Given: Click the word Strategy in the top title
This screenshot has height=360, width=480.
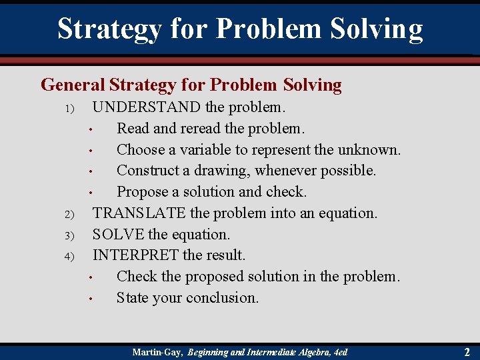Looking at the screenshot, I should pyautogui.click(x=109, y=29).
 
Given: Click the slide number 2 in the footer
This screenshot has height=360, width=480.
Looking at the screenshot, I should pyautogui.click(x=466, y=351).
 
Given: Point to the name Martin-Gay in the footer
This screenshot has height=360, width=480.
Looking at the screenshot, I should pyautogui.click(x=157, y=351).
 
